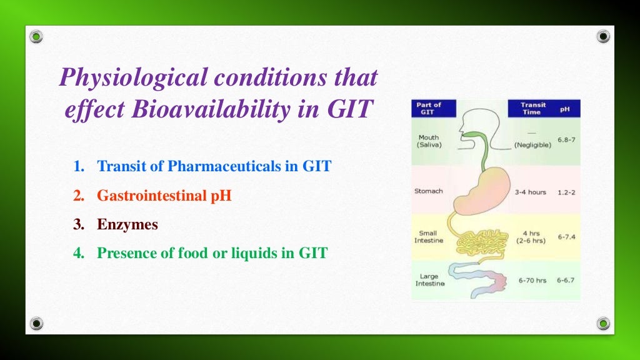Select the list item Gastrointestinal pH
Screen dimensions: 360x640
pyautogui.click(x=164, y=196)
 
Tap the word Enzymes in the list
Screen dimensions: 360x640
pyautogui.click(x=127, y=224)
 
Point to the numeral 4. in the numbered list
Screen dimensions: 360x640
pyautogui.click(x=78, y=253)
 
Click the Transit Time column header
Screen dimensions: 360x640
pyautogui.click(x=532, y=109)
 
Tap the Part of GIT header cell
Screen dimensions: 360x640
pyautogui.click(x=428, y=108)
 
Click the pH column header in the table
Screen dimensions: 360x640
pyautogui.click(x=565, y=109)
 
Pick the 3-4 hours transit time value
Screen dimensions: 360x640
pyautogui.click(x=530, y=192)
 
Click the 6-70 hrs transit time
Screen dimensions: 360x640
pyautogui.click(x=532, y=280)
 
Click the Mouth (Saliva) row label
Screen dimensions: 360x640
pyautogui.click(x=429, y=141)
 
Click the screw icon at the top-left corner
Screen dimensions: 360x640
pyautogui.click(x=37, y=37)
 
